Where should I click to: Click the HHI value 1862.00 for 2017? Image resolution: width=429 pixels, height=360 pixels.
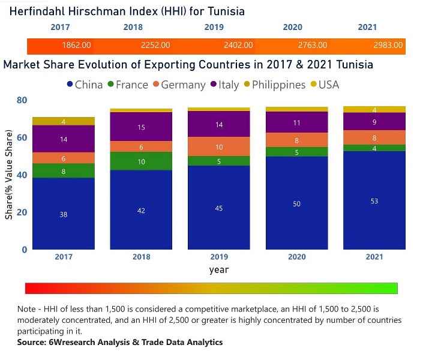pos(76,45)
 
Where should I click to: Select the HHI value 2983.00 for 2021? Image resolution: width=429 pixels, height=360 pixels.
pos(389,45)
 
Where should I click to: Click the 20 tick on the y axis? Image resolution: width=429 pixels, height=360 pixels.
pos(21,212)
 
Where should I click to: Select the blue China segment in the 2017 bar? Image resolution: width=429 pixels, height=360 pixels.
pos(63,213)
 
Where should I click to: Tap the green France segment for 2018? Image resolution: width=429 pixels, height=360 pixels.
pos(141,161)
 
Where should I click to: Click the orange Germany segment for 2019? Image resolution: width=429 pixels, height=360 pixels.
pos(219,146)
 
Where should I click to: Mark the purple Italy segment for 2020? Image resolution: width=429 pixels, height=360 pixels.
pos(297,122)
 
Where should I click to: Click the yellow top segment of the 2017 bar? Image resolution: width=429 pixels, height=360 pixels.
pos(63,121)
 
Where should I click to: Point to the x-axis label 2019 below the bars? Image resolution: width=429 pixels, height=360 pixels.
pos(219,256)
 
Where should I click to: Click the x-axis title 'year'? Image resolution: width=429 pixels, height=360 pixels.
pos(219,269)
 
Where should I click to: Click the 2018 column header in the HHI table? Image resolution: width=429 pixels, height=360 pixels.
pos(133,27)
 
